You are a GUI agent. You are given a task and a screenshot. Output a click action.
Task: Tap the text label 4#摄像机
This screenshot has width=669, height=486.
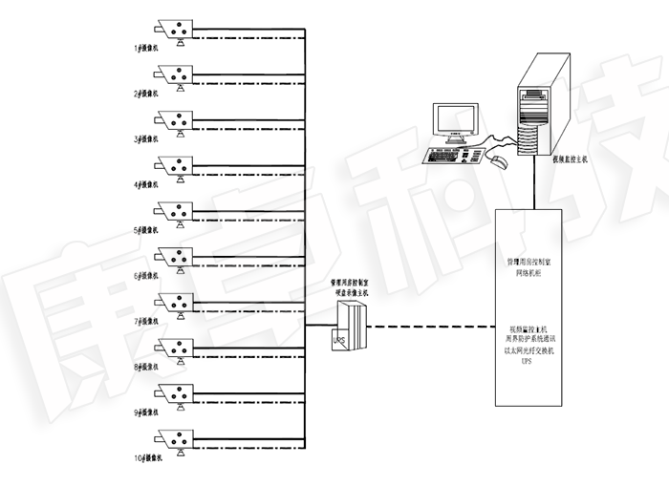tap(147, 184)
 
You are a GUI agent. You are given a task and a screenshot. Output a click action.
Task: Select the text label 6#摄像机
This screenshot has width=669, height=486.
tap(147, 275)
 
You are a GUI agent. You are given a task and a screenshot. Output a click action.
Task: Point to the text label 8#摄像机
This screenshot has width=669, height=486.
tap(147, 367)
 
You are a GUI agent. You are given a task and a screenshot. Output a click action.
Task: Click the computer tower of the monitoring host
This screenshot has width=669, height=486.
tap(543, 105)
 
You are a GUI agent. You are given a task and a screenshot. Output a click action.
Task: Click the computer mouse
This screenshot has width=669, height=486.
tap(499, 160)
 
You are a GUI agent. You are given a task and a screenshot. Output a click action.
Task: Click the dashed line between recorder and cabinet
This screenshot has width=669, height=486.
tap(430, 327)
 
